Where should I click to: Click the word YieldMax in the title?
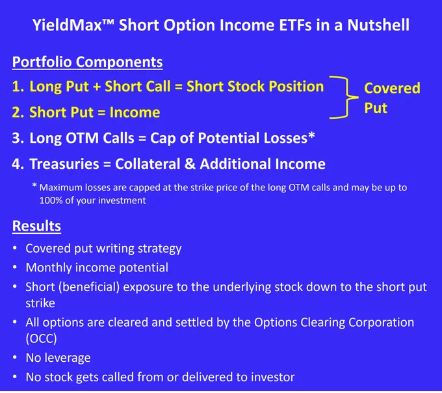point(67,25)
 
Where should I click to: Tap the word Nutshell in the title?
point(378,25)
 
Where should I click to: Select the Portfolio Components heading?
point(87,62)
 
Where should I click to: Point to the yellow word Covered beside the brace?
point(392,88)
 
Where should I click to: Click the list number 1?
point(17,86)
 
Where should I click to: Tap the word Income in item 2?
point(135,112)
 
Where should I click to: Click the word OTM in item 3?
point(83,138)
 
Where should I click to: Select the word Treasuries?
point(64,164)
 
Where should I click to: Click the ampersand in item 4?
point(190,164)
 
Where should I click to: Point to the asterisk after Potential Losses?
point(311,136)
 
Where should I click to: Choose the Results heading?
point(36,226)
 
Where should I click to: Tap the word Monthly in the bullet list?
point(49,268)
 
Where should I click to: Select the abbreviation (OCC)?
point(41,338)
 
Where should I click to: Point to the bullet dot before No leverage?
point(15,357)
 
